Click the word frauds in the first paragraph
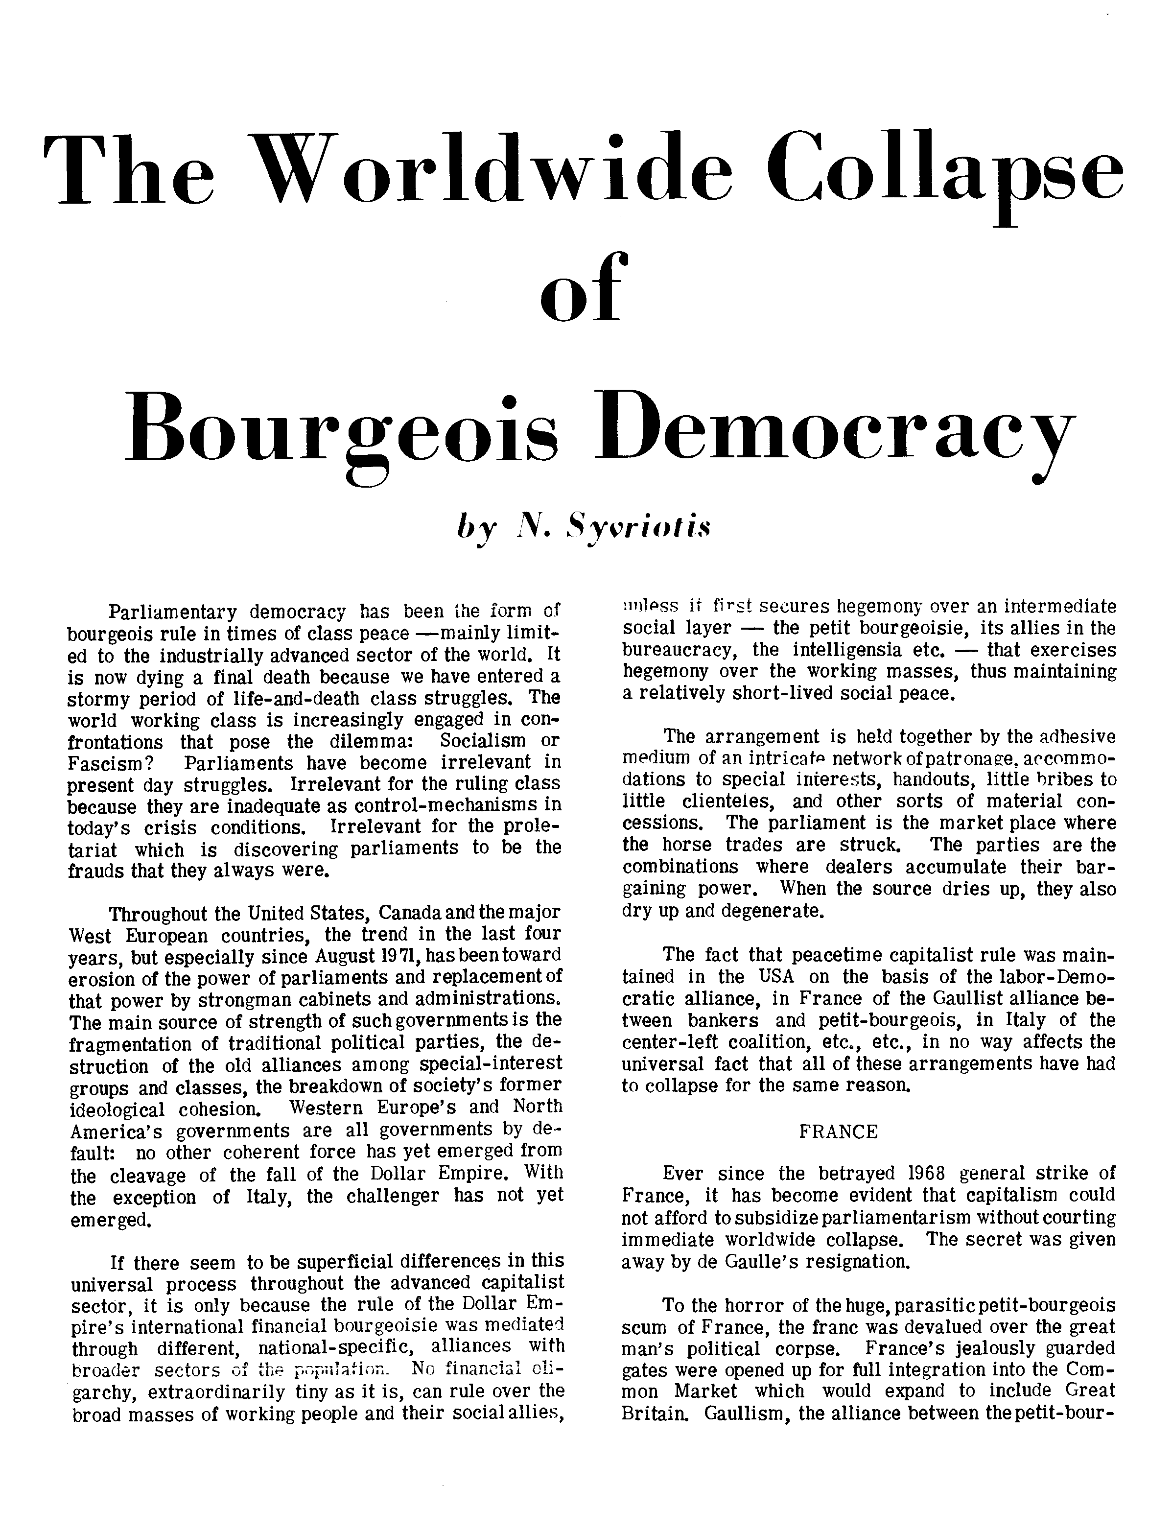[x=96, y=872]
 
